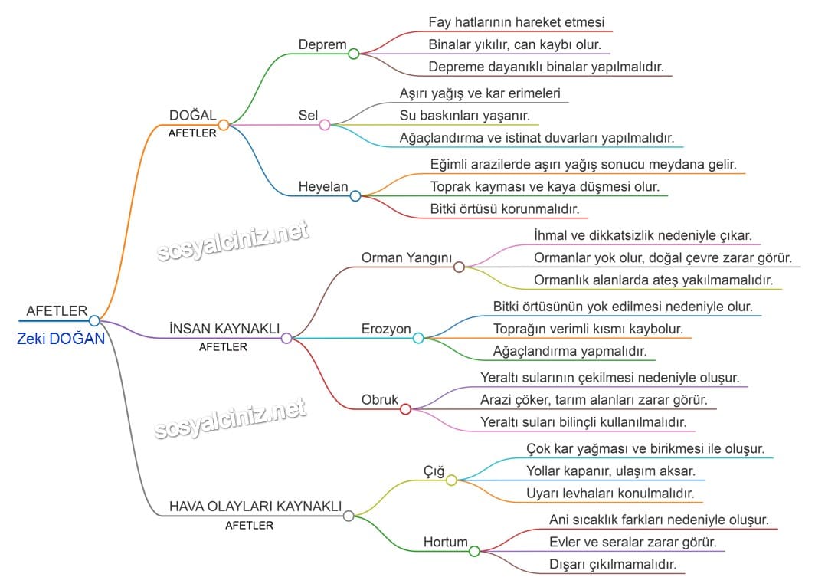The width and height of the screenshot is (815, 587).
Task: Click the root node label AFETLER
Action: coord(57,310)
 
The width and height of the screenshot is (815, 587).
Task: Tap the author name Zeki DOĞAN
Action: coord(61,339)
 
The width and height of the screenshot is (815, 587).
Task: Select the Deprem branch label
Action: coord(322,44)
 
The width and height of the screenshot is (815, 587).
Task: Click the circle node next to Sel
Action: coord(325,124)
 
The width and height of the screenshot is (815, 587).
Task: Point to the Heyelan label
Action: coord(323,187)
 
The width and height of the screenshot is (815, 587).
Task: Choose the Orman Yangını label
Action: coord(407,257)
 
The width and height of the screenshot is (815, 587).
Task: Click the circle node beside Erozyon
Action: coord(418,338)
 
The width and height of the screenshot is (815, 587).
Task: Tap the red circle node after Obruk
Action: coord(405,409)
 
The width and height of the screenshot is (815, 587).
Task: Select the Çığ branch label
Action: coord(434,471)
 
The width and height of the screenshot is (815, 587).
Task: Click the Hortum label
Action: coord(445,543)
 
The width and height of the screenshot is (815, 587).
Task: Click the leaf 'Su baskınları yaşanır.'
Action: coord(465,116)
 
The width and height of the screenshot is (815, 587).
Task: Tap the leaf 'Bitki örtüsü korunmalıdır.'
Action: coord(504,208)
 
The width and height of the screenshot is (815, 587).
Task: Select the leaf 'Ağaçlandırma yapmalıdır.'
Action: coord(569,351)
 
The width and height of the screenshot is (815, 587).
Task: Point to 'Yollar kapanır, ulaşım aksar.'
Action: coord(610,471)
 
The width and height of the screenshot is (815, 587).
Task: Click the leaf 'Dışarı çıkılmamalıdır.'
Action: coord(612,564)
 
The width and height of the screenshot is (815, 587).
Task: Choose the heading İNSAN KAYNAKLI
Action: coord(224,328)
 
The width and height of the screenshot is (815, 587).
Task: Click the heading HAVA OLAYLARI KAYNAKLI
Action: coord(255,507)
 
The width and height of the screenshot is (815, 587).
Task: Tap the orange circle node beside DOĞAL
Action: coord(224,124)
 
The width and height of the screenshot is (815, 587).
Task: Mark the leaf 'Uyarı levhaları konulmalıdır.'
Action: coord(610,493)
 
